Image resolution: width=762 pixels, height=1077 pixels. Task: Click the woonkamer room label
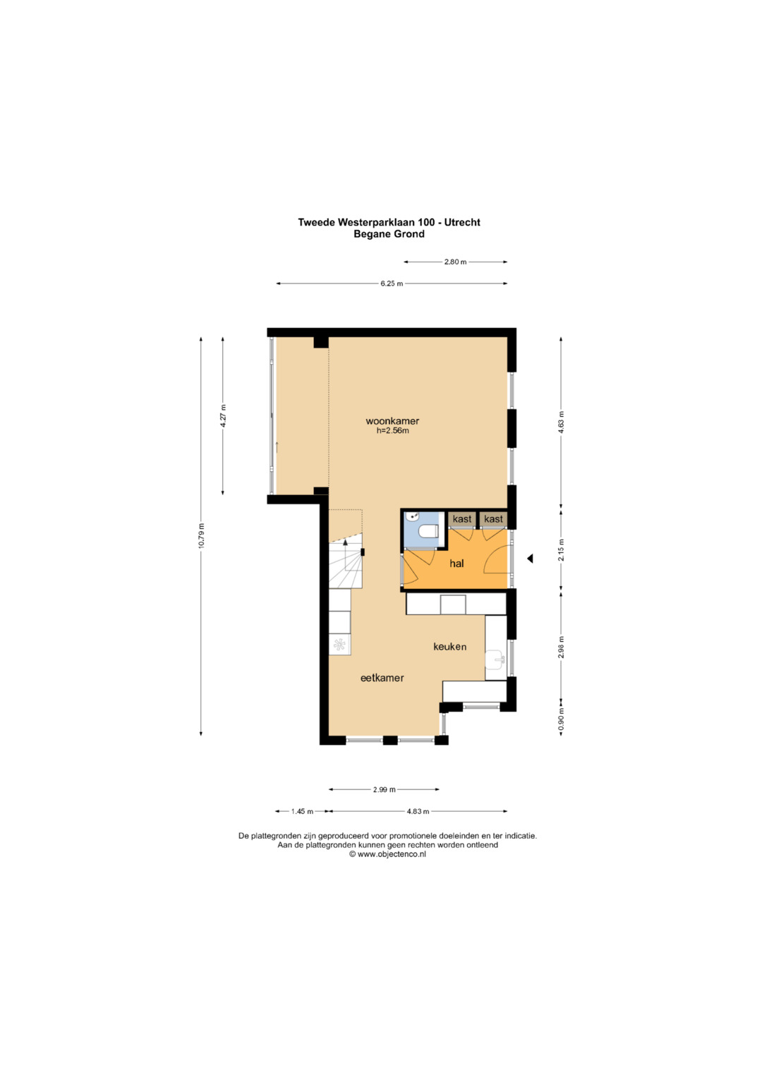392,421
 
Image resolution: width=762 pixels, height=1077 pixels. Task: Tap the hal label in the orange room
456,563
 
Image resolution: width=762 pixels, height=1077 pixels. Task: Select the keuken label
450,647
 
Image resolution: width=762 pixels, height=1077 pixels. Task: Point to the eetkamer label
382,678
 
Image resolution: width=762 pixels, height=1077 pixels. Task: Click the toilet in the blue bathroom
428,531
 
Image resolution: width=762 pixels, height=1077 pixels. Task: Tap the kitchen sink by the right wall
495,659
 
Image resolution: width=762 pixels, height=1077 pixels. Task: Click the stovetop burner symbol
339,644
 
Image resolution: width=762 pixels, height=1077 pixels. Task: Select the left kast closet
462,519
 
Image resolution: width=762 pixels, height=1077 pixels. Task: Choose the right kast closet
494,519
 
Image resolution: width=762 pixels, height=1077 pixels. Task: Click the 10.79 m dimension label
202,535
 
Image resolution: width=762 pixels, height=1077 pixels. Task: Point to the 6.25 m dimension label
392,284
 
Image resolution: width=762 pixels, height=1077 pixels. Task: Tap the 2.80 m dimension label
455,262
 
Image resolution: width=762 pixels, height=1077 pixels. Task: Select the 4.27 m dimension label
223,416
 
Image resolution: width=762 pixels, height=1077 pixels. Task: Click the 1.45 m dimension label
302,812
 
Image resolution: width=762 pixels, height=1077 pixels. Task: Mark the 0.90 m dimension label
561,722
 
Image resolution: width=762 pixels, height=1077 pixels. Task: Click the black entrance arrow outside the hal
530,559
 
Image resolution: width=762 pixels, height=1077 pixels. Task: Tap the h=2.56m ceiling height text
392,431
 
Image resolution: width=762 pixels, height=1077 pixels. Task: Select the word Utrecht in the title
462,222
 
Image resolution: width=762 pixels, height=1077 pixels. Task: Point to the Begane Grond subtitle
389,234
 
